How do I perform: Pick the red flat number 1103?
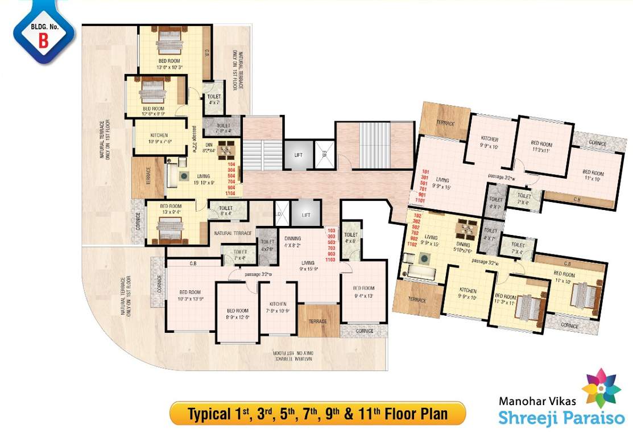click(x=332, y=259)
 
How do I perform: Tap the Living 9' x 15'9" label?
click(x=309, y=266)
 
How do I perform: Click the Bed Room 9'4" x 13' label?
click(x=363, y=291)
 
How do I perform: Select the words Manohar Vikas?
click(x=537, y=401)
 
